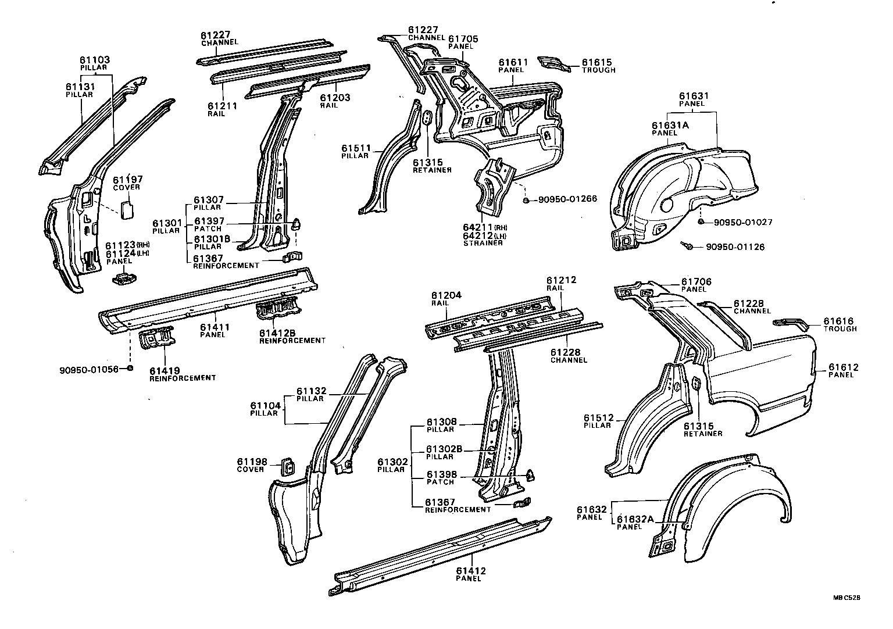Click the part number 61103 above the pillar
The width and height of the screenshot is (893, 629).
[x=95, y=60]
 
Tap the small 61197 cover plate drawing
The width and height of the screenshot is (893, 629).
[x=127, y=209]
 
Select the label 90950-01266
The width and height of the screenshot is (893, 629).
[x=567, y=199]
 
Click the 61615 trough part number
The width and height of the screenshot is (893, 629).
[x=597, y=62]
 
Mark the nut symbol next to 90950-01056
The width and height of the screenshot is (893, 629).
[x=130, y=369]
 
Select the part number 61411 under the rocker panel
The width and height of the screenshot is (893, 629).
[x=215, y=327]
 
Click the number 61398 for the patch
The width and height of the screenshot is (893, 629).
[x=440, y=475]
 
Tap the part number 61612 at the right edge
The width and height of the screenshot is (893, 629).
[x=844, y=367]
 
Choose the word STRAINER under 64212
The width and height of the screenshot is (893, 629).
[x=483, y=242]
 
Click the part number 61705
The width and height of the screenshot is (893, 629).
[x=463, y=39]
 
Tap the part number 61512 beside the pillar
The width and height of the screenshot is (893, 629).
[x=598, y=417]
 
